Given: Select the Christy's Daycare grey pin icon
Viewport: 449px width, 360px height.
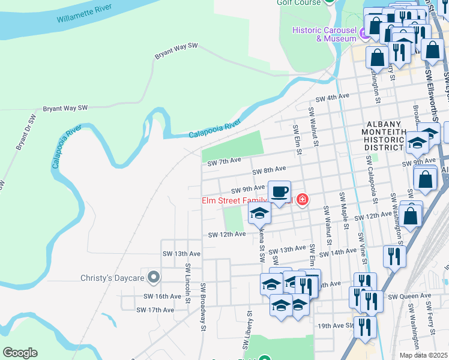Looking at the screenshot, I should coord(154,277).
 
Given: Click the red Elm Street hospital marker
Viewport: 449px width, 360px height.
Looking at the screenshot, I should coord(301,199).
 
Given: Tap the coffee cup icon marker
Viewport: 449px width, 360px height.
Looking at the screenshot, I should coord(279,192).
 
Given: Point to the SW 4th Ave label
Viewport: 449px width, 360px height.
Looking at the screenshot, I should coord(333,96).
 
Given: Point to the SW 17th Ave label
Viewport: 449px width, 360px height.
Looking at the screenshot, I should coord(155,310).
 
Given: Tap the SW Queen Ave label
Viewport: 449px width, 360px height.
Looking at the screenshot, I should coord(409,296).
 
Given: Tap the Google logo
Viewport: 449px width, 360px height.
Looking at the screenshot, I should coord(20,353).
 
